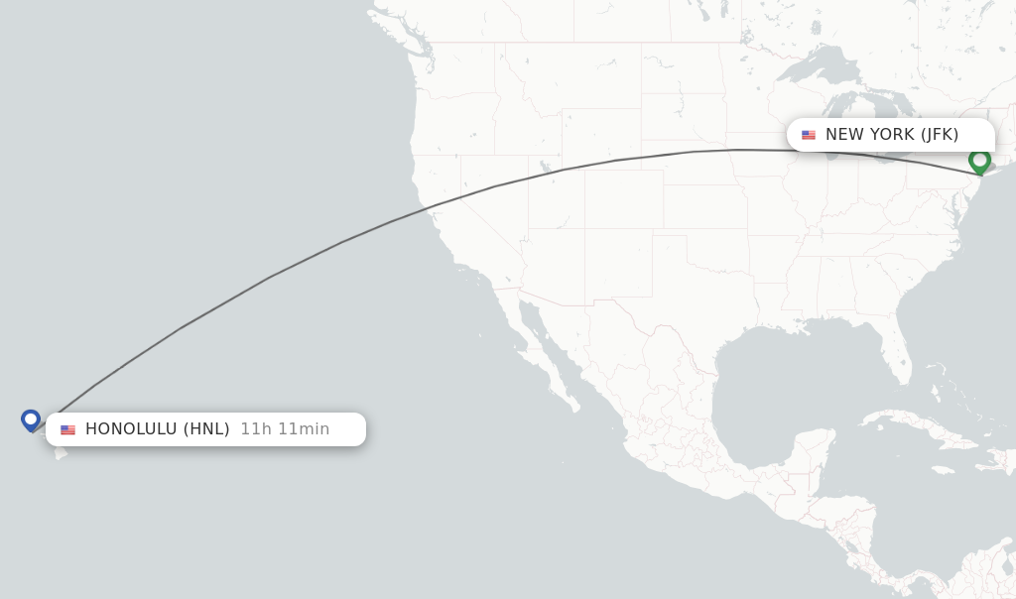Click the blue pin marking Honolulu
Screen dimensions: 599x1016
point(31,420)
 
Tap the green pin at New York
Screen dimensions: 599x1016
point(979,161)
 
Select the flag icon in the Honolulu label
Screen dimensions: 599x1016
point(67,429)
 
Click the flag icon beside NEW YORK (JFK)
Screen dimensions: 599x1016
point(809,135)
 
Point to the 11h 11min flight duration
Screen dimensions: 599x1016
point(285,429)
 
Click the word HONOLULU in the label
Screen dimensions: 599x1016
point(131,429)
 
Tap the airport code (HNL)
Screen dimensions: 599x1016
point(206,429)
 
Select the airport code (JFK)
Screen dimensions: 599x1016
point(939,135)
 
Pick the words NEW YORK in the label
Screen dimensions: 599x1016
point(869,135)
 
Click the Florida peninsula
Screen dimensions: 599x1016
point(898,357)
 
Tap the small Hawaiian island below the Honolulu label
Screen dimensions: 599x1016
point(61,453)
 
